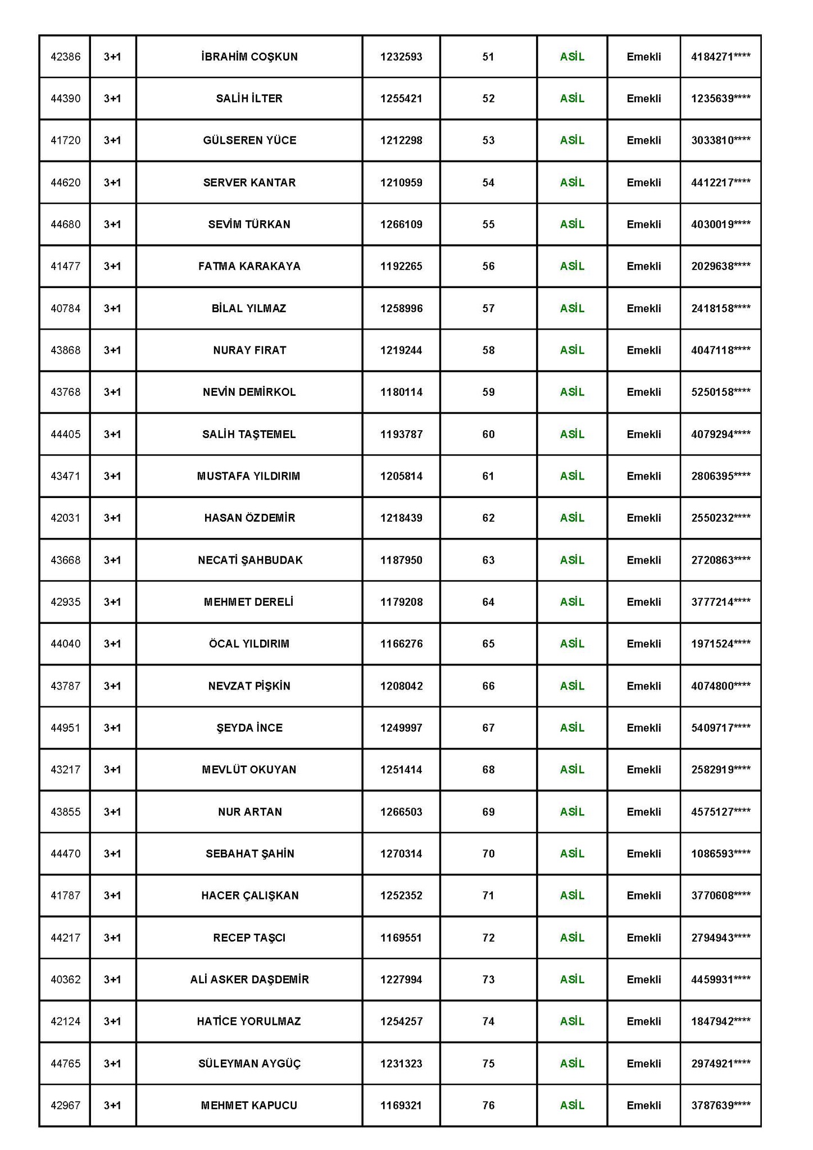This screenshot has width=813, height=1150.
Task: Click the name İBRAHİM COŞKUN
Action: pyautogui.click(x=249, y=57)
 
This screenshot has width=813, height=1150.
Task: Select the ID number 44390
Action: pyautogui.click(x=66, y=99)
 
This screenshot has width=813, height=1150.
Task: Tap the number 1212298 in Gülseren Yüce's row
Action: pyautogui.click(x=401, y=140)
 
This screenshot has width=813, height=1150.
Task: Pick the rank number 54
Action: pyautogui.click(x=488, y=182)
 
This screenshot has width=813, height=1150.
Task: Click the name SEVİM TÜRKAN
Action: pyautogui.click(x=249, y=225)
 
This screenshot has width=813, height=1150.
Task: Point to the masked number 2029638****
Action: pyautogui.click(x=720, y=266)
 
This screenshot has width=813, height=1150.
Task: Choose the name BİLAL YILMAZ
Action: pyautogui.click(x=249, y=308)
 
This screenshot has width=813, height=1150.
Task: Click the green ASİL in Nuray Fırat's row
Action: pyautogui.click(x=572, y=350)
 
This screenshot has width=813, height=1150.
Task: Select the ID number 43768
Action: pyautogui.click(x=66, y=392)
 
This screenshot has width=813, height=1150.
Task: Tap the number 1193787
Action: pyautogui.click(x=401, y=434)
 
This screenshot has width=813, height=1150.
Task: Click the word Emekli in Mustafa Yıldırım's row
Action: pyautogui.click(x=644, y=476)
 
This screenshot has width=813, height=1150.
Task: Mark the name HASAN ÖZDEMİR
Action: pyautogui.click(x=249, y=518)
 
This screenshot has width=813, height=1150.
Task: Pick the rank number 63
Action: pyautogui.click(x=488, y=560)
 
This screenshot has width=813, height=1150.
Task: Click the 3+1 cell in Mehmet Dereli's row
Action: pyautogui.click(x=112, y=602)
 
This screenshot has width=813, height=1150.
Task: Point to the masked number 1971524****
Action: pyautogui.click(x=720, y=644)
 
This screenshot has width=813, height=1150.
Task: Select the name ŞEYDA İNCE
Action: pyautogui.click(x=249, y=728)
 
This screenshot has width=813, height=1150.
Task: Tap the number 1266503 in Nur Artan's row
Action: pyautogui.click(x=401, y=811)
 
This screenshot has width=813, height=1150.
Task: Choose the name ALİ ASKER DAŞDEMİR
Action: pyautogui.click(x=249, y=979)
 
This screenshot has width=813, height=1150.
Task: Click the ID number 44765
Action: pyautogui.click(x=66, y=1064)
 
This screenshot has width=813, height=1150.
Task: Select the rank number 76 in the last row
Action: pyautogui.click(x=488, y=1105)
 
